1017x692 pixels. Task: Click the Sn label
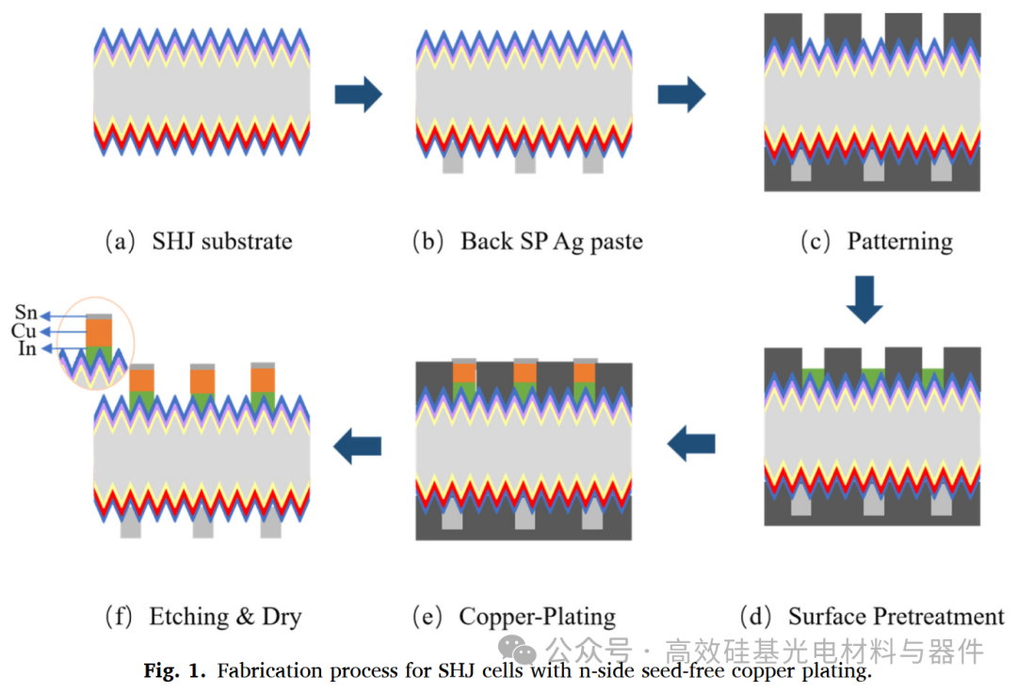26,313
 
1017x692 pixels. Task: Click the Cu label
24,330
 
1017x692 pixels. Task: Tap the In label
27,348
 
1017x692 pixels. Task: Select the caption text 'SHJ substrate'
222,241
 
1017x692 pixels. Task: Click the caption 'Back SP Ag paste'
551,241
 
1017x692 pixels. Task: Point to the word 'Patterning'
899,241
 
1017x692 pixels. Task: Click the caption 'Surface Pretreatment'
896,616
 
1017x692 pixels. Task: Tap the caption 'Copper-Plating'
537,616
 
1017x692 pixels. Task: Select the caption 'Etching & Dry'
225,616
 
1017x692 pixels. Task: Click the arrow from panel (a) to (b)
358,95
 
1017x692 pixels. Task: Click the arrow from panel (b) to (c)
681,95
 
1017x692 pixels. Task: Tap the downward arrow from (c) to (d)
864,299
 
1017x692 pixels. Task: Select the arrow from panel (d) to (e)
691,444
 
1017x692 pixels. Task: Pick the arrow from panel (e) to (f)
358,446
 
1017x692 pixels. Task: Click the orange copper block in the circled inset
99,332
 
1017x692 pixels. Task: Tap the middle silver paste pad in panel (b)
525,162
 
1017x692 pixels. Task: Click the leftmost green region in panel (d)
814,377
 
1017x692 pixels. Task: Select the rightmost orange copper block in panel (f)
263,380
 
